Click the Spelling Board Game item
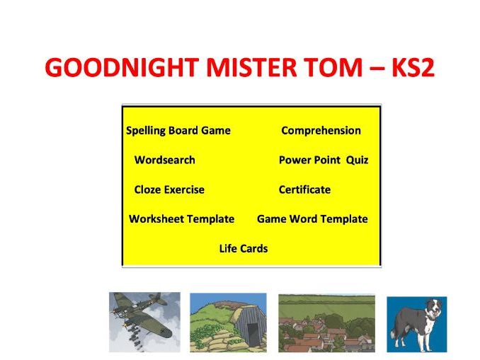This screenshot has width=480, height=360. [x=178, y=131]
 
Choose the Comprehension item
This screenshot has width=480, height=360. [x=321, y=131]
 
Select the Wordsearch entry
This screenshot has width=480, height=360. [x=164, y=160]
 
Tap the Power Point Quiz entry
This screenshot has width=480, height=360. [x=324, y=160]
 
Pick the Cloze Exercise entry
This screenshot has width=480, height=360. [x=169, y=190]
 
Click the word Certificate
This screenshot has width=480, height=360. [x=304, y=190]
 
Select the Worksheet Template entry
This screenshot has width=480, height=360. [x=181, y=219]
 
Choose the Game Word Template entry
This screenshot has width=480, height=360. [x=312, y=219]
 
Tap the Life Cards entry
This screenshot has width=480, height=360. [x=244, y=248]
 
